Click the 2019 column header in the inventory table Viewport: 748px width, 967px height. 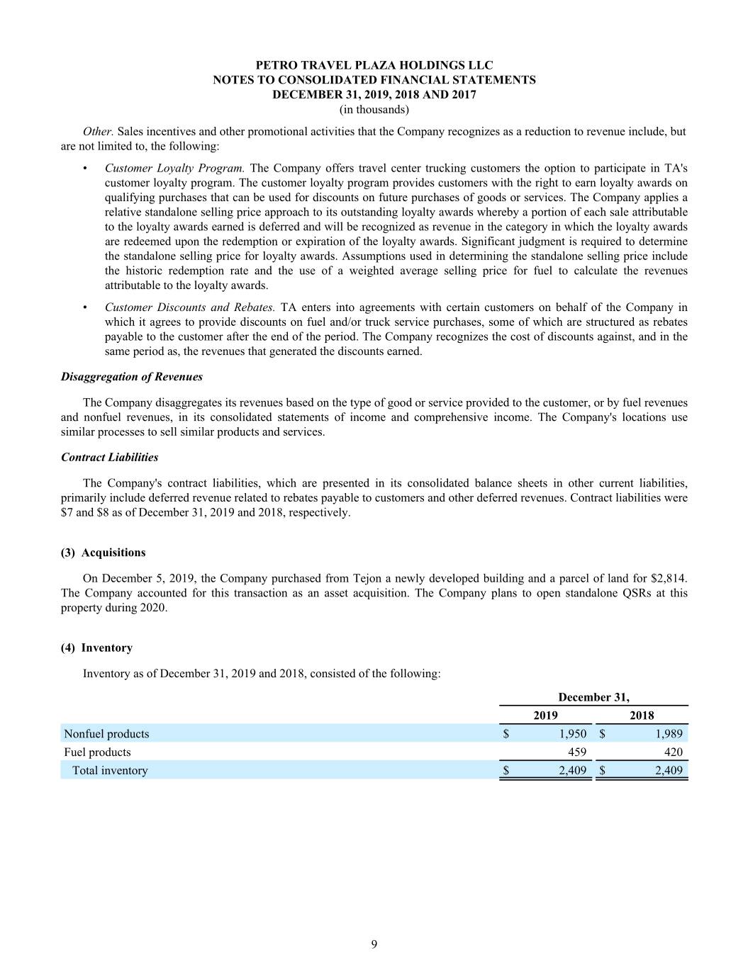[x=545, y=716]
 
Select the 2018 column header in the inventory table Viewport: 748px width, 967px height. [x=642, y=716]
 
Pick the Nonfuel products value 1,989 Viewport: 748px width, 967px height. [x=669, y=734]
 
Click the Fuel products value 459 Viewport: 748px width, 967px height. [x=577, y=752]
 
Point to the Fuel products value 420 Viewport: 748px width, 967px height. [x=673, y=752]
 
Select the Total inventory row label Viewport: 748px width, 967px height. [x=110, y=771]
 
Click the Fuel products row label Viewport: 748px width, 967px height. [x=97, y=752]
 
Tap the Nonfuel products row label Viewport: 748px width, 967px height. [x=106, y=734]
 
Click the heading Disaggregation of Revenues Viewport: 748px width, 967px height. [x=132, y=377]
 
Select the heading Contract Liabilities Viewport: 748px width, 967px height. [x=110, y=458]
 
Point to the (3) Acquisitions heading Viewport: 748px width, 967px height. [x=104, y=553]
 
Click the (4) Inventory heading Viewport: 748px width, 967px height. [x=97, y=648]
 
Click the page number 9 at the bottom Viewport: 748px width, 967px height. [x=374, y=944]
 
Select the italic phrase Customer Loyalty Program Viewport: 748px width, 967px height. [x=174, y=169]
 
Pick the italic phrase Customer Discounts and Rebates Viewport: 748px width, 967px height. [x=189, y=307]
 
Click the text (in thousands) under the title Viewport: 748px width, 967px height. [x=374, y=110]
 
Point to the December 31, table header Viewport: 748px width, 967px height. [x=593, y=697]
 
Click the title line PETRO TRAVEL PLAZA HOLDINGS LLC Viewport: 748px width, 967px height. [x=374, y=65]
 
